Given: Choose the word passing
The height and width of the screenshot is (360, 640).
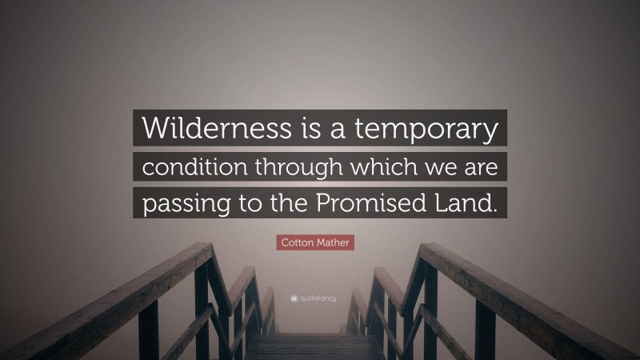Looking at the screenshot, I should coord(179,204).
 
